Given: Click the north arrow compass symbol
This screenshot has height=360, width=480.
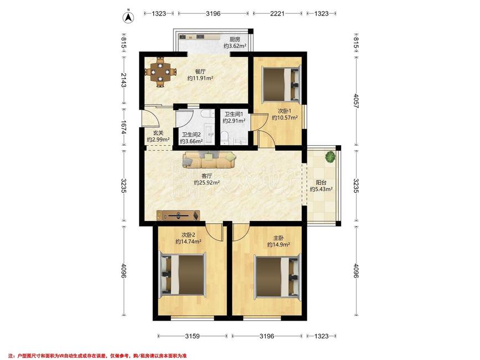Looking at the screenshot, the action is pos(128,17).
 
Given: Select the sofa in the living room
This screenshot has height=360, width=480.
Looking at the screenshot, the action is pos(209,160).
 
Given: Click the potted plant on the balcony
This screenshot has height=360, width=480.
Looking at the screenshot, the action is pos(330,157).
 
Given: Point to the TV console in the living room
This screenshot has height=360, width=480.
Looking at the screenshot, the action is pos(178,215).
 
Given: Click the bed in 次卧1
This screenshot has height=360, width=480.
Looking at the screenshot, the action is pos(281,84).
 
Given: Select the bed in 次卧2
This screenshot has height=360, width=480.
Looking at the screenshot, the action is pos(183,274).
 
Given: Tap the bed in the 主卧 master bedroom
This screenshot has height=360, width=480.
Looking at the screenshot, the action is pos(277,277).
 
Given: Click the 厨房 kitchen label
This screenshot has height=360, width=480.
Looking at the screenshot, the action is pos(235,39).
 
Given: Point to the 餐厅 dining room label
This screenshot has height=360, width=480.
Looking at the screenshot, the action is pos(200,71).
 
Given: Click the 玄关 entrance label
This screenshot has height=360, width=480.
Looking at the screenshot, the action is pos(158,133).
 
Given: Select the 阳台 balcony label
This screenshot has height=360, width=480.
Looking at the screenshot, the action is pos(321,182).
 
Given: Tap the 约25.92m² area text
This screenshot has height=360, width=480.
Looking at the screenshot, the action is pos(207,183).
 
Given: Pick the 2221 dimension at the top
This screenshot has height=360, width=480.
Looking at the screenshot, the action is pos(277,13).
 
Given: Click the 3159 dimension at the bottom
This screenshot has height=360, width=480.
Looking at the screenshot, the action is pos(192,336).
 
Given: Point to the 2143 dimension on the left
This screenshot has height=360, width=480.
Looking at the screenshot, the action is pos(123,80).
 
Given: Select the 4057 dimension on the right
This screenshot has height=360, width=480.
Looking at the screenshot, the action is pos(356,101).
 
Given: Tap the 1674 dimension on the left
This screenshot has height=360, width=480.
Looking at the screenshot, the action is pos(123,127).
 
